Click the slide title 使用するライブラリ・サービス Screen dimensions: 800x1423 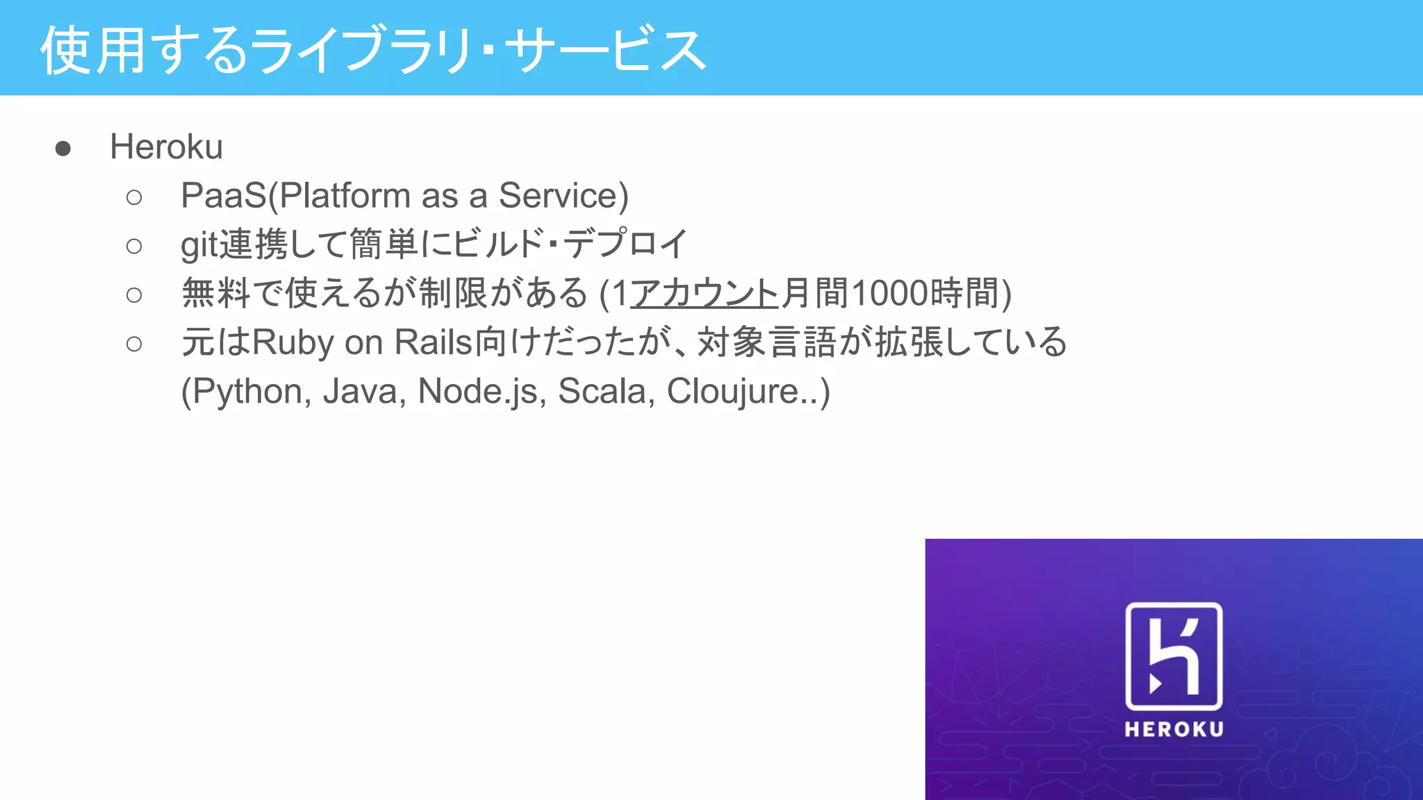tap(374, 50)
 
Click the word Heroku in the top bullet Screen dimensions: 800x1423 tap(166, 147)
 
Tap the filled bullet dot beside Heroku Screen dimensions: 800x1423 tap(63, 149)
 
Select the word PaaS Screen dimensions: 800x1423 tap(223, 196)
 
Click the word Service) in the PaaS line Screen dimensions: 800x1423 tap(564, 196)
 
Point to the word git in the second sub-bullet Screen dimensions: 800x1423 tap(199, 245)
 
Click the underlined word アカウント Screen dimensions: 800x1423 tap(705, 293)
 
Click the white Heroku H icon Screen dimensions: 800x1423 tap(1174, 656)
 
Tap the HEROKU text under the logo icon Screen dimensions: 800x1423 tap(1174, 729)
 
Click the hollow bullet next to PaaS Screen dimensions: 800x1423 tap(134, 198)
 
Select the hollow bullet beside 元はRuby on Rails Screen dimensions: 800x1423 tap(134, 344)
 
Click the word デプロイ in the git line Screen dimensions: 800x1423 tap(625, 244)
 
